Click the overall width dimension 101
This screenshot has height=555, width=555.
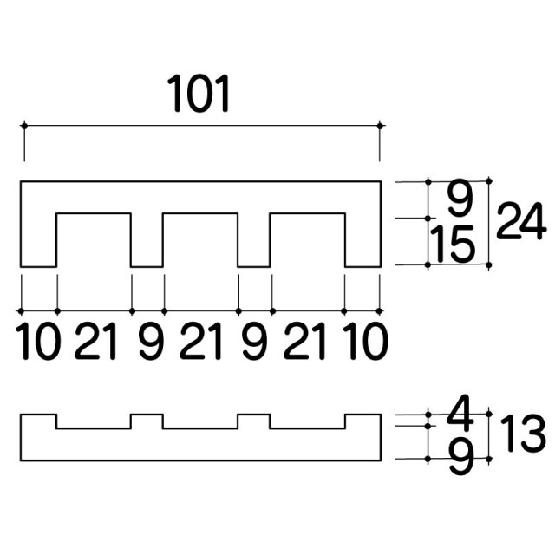tap(199, 94)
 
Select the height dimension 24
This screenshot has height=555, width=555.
tap(520, 221)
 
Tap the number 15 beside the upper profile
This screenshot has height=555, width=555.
tap(453, 245)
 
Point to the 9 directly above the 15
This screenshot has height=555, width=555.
tap(460, 199)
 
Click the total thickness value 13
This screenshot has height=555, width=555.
tap(523, 434)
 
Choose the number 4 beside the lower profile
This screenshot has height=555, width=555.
tap(460, 409)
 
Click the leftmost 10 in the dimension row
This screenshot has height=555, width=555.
tap(38, 341)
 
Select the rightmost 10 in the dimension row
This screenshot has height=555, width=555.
tap(366, 341)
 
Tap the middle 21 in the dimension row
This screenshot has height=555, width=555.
tap(200, 341)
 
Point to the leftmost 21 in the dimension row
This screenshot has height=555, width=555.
tap(95, 341)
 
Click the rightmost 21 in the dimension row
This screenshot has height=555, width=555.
tap(304, 341)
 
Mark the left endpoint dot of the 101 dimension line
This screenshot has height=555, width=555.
tap(24, 126)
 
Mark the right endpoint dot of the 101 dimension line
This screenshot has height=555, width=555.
tap(380, 126)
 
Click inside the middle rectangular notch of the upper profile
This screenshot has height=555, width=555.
tap(200, 240)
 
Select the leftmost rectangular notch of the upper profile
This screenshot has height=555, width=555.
tap(94, 240)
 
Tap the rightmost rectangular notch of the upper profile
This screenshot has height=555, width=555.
tap(307, 240)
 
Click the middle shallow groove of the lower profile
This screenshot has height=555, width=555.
tap(200, 421)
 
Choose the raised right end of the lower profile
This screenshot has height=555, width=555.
tap(363, 421)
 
